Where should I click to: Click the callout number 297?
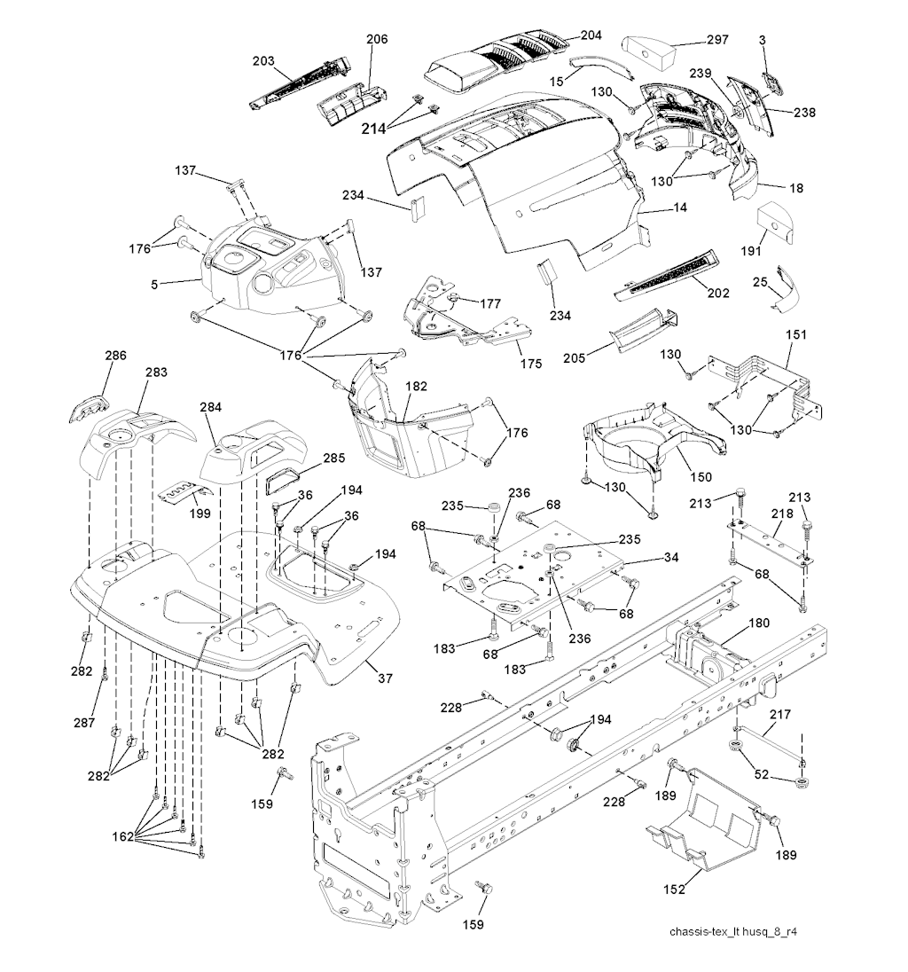tap(716, 40)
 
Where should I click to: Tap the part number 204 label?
tap(591, 35)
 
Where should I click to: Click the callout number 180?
tap(760, 624)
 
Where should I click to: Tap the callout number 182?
tap(416, 387)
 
